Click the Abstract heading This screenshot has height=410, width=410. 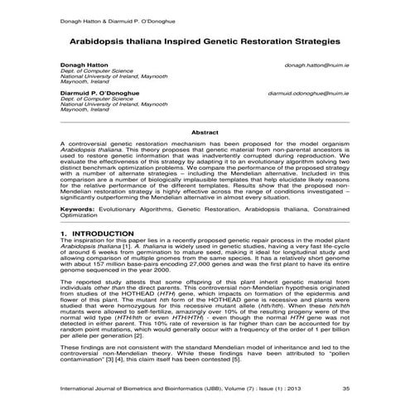[205, 132]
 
